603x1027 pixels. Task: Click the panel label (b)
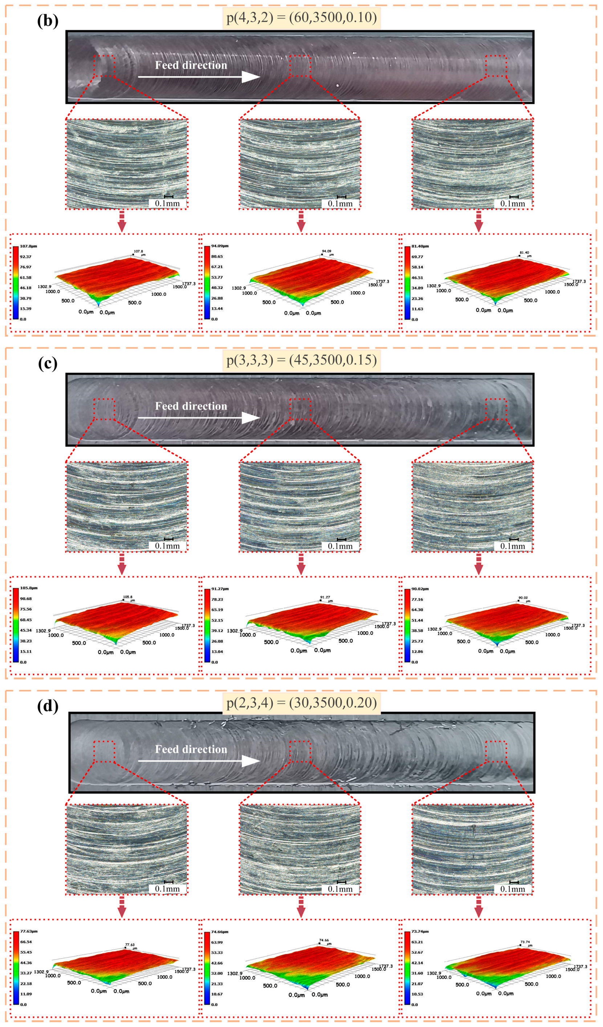(48, 21)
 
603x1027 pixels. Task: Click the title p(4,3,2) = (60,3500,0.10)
(301, 17)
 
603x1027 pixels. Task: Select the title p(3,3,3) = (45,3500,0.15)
(301, 360)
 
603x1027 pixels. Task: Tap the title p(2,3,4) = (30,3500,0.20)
(301, 703)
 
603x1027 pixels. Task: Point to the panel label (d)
(48, 706)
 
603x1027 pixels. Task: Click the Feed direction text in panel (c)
(191, 406)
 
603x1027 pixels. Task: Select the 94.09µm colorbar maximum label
(219, 246)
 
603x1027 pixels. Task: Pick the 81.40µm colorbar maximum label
(420, 246)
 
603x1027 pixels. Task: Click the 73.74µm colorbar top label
(420, 931)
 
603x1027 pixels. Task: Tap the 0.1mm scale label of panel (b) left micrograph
(167, 203)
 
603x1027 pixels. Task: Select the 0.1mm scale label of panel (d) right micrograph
(513, 889)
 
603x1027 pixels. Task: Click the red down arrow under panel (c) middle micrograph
(301, 564)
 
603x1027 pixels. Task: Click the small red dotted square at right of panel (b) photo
(496, 66)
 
